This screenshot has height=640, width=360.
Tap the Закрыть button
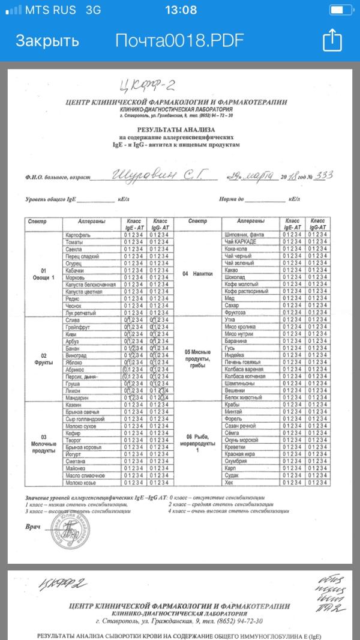(47, 41)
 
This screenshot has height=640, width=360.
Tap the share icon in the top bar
(332, 40)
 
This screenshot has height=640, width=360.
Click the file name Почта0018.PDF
(180, 41)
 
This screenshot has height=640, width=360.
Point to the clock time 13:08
(180, 10)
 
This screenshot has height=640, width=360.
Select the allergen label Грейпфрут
(78, 327)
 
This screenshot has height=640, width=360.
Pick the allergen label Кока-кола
(236, 249)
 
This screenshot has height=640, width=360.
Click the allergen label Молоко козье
(82, 482)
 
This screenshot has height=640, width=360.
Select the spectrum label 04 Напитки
(197, 273)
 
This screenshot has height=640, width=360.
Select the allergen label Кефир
(73, 432)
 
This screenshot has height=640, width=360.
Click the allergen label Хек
(228, 482)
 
